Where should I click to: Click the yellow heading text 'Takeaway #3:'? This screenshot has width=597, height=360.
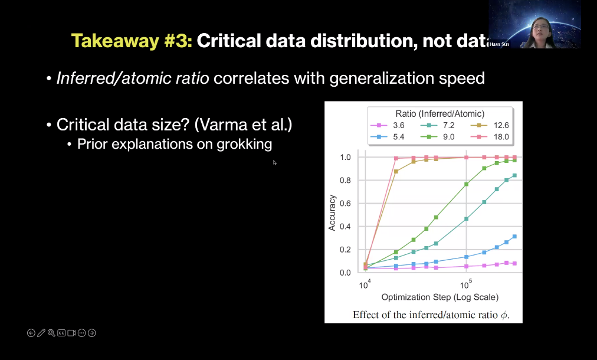(132, 40)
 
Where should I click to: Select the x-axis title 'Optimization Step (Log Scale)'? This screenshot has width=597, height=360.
(439, 297)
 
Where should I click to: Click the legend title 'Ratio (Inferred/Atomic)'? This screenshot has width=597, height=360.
(440, 113)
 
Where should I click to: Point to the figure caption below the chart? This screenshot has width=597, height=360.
(431, 315)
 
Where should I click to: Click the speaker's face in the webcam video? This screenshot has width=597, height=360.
(539, 27)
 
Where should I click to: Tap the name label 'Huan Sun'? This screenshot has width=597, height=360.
(499, 44)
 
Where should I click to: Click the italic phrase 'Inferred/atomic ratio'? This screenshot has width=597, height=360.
(133, 78)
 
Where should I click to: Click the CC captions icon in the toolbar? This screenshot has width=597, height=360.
(61, 333)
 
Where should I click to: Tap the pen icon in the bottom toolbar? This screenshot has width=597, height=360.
(41, 333)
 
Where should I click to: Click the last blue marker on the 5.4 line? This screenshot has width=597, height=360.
(514, 237)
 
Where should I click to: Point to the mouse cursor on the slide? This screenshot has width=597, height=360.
(275, 163)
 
